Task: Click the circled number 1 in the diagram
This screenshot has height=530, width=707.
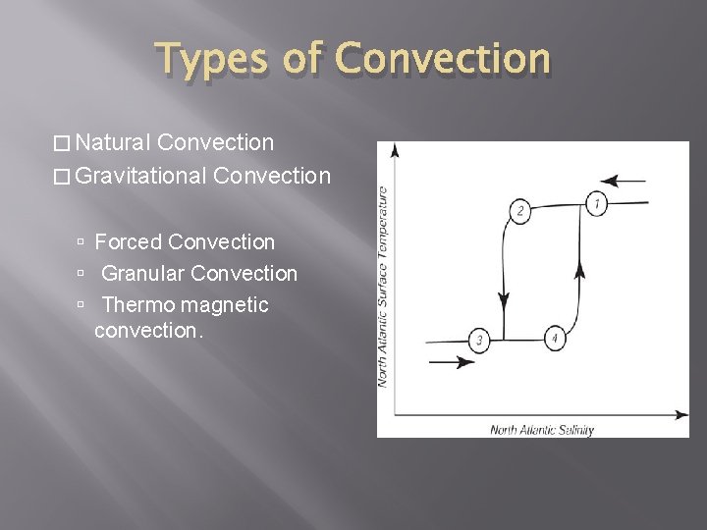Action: coord(596,204)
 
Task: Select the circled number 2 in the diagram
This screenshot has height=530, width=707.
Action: coord(520,211)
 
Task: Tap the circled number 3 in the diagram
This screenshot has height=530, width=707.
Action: coord(478,340)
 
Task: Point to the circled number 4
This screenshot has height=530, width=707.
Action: coord(554,338)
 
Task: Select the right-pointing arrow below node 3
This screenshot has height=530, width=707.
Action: coord(451,362)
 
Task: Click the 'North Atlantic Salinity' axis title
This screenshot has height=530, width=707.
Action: coord(542,428)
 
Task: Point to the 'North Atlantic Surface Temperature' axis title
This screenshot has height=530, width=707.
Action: coord(384,286)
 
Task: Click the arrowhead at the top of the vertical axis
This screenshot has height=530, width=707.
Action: coord(395,150)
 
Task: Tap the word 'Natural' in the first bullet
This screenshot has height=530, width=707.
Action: coord(110,143)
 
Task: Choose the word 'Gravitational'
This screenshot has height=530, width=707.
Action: coord(139,177)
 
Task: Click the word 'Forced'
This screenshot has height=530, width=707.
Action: coord(129,241)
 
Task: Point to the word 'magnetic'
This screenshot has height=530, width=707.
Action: coord(225,305)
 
